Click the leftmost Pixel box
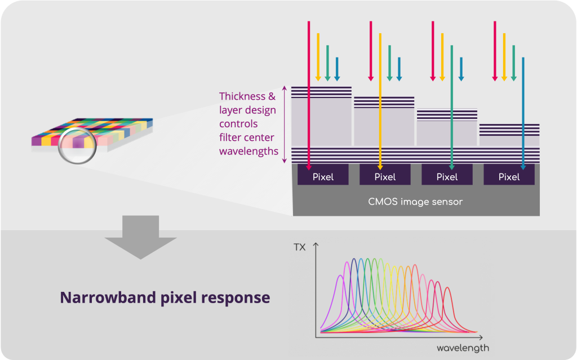323,177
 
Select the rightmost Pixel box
509,177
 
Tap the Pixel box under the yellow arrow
385,177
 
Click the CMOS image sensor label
415,202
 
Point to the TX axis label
299,247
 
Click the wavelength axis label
463,348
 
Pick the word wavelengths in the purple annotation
248,151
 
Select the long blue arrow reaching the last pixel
523,113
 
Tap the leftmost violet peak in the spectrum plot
340,277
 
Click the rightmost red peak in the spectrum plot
447,289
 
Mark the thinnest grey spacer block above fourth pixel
509,140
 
